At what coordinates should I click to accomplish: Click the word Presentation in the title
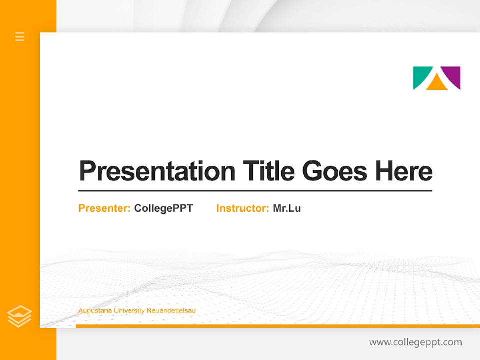pos(157,171)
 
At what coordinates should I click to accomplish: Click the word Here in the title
pos(403,171)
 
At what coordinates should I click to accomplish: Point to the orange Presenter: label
pos(104,208)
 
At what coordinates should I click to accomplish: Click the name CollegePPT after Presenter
pos(163,208)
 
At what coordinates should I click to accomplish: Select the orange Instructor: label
pos(242,208)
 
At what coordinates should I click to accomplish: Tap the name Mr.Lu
pos(287,208)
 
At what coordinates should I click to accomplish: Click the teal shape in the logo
pos(420,76)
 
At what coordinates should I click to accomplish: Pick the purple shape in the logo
pos(453,76)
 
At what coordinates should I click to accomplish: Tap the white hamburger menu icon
pos(20,36)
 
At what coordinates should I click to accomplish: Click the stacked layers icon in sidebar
pos(19,316)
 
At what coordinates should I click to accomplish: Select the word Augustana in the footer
pos(95,311)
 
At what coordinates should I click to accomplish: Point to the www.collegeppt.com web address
pos(415,342)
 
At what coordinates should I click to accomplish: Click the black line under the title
pos(255,190)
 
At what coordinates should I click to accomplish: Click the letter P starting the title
pos(86,171)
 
